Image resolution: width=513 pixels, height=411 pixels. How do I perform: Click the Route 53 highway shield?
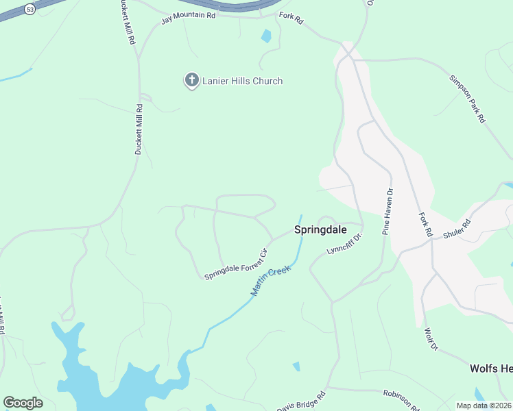pos(29,8)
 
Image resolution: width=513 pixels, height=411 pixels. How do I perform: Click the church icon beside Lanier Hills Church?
pos(191,81)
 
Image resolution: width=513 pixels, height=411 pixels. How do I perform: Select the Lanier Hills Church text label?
pos(242,81)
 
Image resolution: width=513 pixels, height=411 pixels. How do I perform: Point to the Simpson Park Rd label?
pos(467,98)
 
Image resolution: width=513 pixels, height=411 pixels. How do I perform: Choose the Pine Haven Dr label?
pos(386,212)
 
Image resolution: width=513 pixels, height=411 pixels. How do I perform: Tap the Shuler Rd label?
pos(457,228)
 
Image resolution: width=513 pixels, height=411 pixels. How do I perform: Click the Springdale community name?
pos(320,230)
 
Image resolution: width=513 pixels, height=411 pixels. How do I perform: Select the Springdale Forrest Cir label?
pos(235,263)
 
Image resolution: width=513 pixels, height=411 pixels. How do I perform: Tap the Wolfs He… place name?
pos(490,369)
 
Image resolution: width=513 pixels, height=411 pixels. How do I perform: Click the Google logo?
pos(23,403)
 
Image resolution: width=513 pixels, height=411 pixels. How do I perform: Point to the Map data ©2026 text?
pos(484,406)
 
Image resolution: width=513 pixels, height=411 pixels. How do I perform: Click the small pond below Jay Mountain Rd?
pos(266,36)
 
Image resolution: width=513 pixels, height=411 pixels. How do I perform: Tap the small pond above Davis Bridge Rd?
pos(296,366)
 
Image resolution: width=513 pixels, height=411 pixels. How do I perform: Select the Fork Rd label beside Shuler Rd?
pos(425,224)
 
